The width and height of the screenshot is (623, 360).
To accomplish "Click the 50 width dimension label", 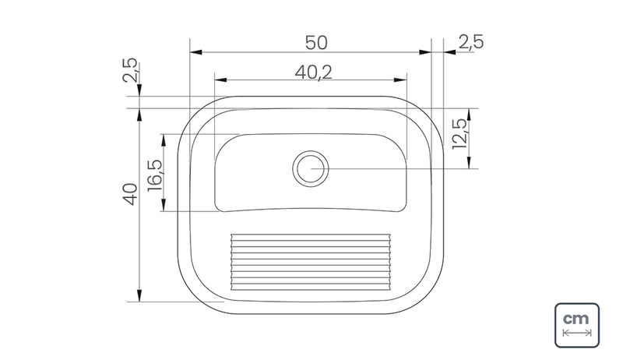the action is coord(316,43).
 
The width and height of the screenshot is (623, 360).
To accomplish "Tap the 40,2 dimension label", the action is coord(314,72).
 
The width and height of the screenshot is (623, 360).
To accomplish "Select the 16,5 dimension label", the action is coord(155,175).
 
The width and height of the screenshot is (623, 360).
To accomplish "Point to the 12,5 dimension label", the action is coord(459,134).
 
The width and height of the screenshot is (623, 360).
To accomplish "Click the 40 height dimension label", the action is coord(131,194).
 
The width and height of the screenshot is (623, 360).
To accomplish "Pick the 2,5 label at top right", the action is coord(471,42).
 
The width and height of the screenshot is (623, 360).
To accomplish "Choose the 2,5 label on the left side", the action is coord(131,70).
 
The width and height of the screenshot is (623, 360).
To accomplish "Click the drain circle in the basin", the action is coord(311,168).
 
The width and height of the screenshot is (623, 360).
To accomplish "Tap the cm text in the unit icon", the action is coord(576,319).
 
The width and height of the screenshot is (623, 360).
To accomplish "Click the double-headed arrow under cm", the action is coord(577,333).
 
